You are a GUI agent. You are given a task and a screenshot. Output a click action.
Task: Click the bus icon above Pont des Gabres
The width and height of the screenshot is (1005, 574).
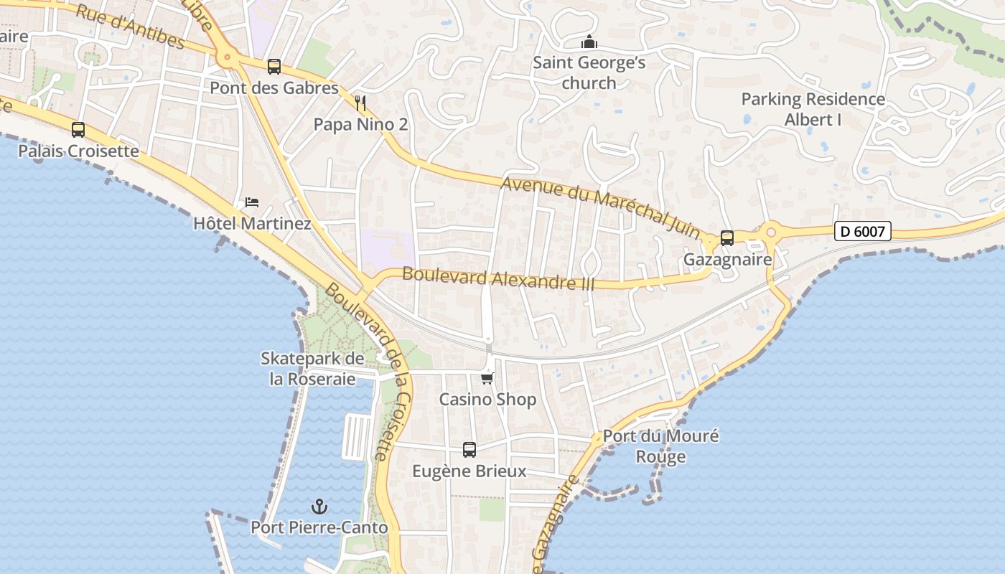click(x=274, y=67)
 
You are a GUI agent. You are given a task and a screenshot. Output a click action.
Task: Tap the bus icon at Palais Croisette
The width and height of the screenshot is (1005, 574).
click(x=78, y=130)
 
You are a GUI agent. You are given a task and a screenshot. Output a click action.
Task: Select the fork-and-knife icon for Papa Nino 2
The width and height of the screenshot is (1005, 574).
click(x=360, y=103)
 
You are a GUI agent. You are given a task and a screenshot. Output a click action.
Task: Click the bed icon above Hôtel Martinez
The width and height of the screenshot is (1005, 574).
click(x=251, y=202)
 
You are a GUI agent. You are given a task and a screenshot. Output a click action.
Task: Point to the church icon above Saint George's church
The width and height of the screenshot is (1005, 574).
click(x=589, y=42)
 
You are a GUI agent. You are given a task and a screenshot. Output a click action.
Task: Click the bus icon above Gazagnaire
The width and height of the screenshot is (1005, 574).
click(x=726, y=238)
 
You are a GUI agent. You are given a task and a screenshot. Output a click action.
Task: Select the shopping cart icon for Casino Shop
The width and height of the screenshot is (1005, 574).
click(x=487, y=377)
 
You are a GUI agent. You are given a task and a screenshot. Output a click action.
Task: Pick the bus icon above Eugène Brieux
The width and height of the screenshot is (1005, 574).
click(x=469, y=450)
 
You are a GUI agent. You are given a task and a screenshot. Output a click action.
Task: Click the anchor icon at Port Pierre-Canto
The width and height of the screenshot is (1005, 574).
click(x=319, y=507)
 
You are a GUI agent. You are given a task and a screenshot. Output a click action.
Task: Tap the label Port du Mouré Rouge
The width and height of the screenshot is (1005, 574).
click(x=660, y=446)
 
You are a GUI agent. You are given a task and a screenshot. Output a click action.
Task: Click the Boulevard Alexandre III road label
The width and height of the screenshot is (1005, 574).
click(x=498, y=278)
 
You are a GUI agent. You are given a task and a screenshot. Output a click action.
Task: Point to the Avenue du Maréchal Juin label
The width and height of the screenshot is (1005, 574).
click(x=600, y=207)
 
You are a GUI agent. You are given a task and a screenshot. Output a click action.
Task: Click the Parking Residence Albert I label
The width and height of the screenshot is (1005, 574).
click(x=813, y=109)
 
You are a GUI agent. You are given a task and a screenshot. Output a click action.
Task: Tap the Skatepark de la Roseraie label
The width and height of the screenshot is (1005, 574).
click(x=312, y=368)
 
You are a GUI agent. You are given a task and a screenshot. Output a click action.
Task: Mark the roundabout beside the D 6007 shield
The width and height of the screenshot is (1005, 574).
click(x=772, y=232)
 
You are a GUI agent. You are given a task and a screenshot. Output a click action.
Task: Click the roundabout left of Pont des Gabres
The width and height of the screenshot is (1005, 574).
click(x=228, y=56)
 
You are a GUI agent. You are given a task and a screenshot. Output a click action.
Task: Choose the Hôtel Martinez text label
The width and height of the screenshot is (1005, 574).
click(x=252, y=224)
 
